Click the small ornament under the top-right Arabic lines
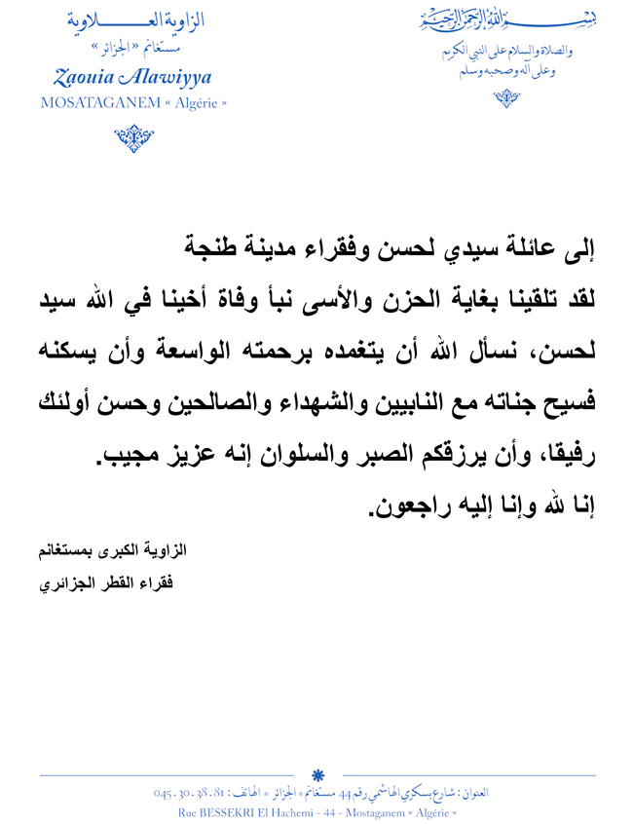pyautogui.click(x=505, y=97)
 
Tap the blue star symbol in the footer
pyautogui.click(x=317, y=775)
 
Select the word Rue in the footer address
pyautogui.click(x=190, y=810)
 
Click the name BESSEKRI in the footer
pyautogui.click(x=239, y=810)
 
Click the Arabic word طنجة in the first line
pyautogui.click(x=213, y=251)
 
